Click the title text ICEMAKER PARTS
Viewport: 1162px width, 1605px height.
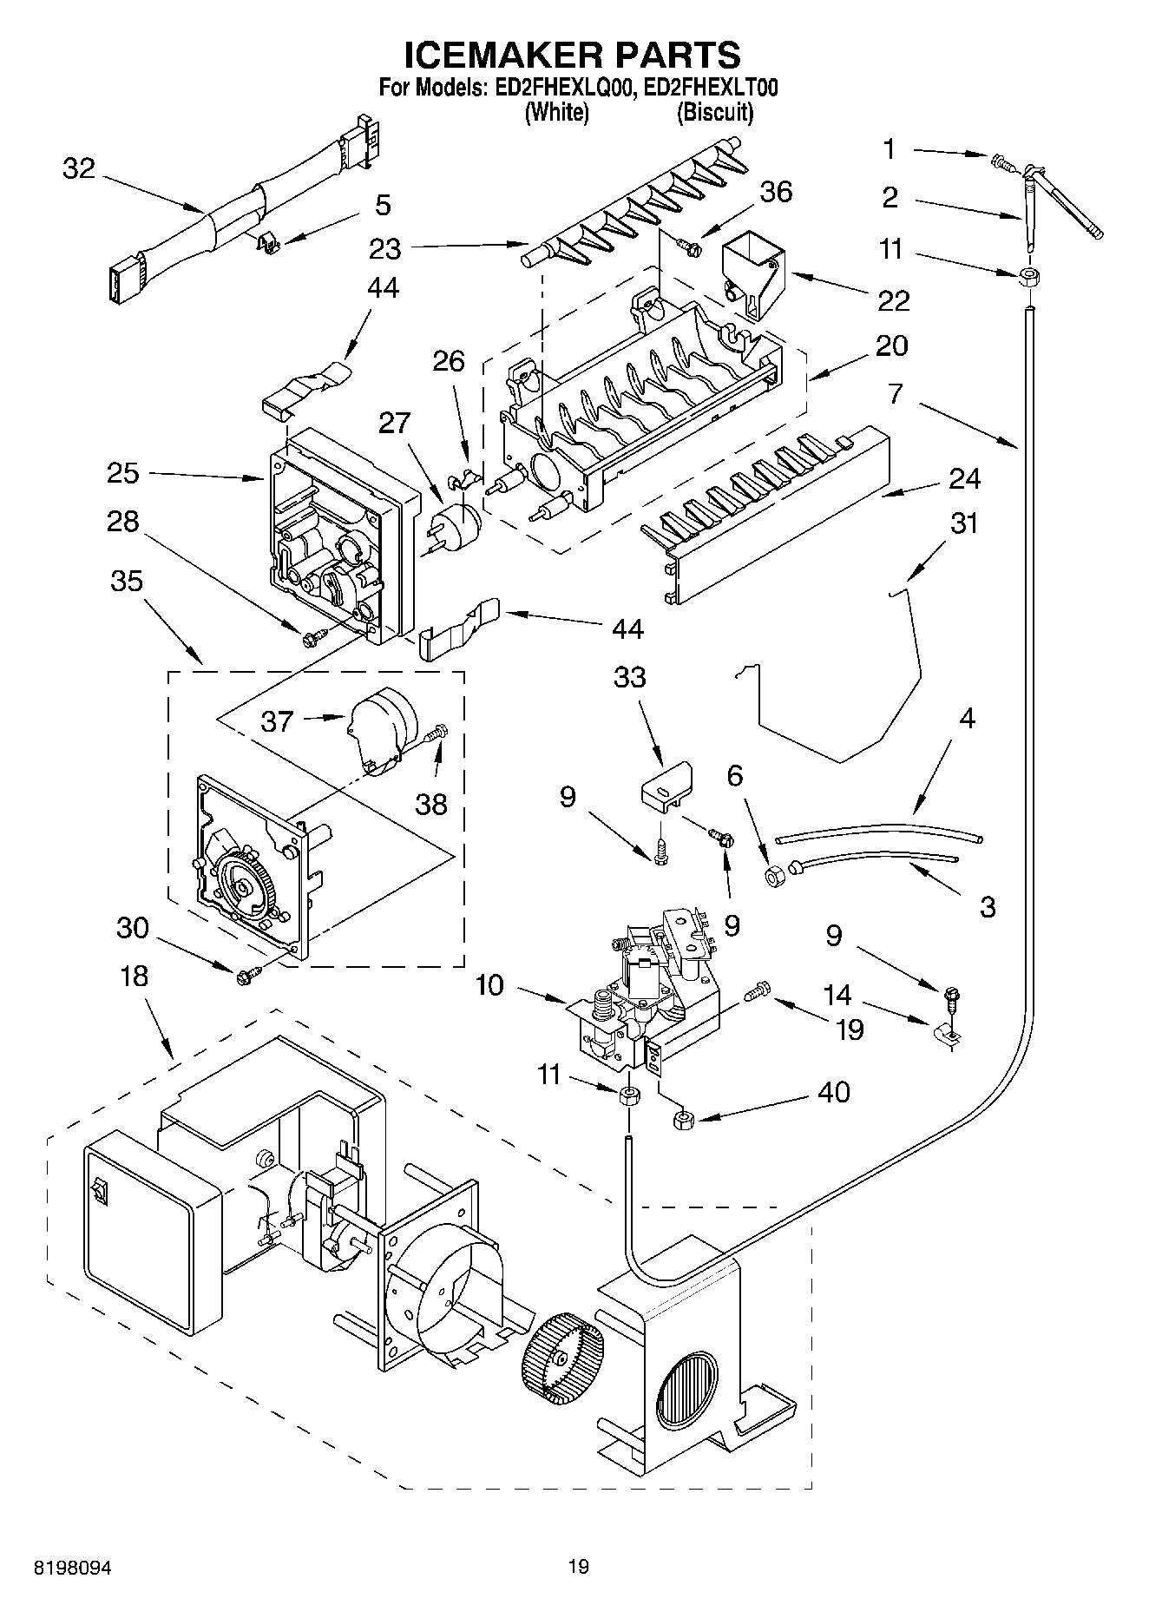(573, 54)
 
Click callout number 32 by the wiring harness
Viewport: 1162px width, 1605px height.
(79, 168)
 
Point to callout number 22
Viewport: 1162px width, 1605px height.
(892, 300)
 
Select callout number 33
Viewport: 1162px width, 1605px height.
(630, 676)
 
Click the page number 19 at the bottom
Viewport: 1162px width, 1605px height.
(579, 1566)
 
